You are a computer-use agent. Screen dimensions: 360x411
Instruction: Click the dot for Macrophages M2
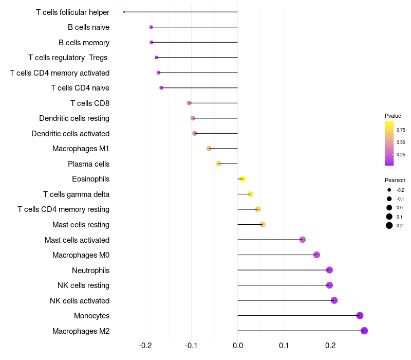pos(364,331)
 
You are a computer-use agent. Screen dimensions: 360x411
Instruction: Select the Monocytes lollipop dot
pos(360,316)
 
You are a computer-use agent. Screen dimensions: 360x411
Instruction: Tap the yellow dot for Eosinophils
pos(242,179)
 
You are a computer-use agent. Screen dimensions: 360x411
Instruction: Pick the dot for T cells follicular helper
pos(124,12)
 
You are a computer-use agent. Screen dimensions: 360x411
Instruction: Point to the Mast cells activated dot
pos(303,240)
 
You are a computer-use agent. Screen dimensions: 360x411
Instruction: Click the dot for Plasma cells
pos(218,164)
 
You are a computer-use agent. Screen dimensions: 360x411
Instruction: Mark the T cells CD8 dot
pos(189,103)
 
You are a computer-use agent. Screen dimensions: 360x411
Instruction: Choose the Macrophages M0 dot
pos(316,255)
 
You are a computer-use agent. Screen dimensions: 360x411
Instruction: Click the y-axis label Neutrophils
pos(90,271)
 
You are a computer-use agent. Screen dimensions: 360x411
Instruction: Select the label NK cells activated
pos(80,301)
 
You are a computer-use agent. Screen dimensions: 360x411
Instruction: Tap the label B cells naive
pos(88,27)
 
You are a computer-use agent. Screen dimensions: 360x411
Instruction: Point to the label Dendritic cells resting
pos(74,118)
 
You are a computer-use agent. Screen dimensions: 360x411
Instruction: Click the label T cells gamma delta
pos(76,194)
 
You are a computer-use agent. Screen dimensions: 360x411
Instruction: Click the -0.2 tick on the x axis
pos(145,345)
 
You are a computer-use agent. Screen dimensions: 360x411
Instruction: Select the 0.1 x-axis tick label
pos(284,345)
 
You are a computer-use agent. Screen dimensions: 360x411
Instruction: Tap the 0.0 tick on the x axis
pos(237,345)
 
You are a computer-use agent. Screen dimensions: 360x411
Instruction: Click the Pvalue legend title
pos(393,116)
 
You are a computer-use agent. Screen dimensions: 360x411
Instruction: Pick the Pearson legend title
pos(395,180)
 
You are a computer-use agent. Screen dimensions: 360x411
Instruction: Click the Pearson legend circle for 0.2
pos(389,225)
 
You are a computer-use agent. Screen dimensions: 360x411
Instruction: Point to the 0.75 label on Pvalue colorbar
pos(401,130)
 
